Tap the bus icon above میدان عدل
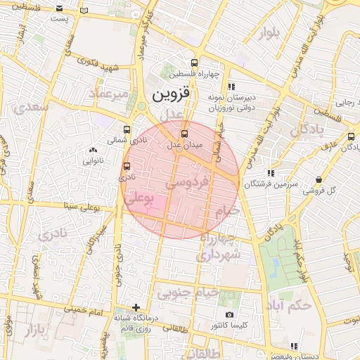[x=185, y=133]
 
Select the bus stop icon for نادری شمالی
[x=127, y=129]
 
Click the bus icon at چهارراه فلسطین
[x=194, y=62]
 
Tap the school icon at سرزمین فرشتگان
[x=270, y=172]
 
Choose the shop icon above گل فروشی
[x=319, y=179]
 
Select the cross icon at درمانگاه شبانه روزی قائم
[x=136, y=307]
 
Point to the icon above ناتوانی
[x=93, y=150]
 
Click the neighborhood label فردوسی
[x=188, y=183]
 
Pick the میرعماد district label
[x=110, y=93]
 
